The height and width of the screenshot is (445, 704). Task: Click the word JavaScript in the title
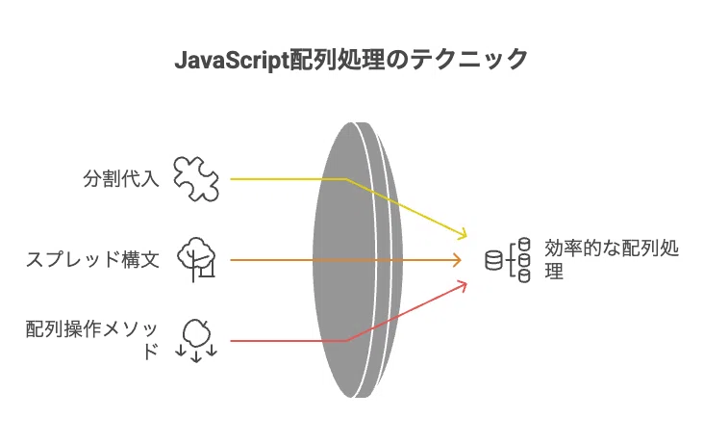pos(232,61)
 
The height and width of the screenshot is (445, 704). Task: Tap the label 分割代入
pos(121,178)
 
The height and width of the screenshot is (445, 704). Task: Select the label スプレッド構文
pos(92,259)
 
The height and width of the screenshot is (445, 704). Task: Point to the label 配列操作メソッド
pos(92,340)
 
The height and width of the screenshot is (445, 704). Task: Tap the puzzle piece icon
pos(196,178)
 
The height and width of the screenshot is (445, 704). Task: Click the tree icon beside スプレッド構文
pos(196,259)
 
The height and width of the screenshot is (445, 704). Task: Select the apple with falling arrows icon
pos(196,340)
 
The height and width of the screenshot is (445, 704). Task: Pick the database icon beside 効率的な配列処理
pos(508,260)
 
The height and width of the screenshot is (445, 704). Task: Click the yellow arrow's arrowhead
pos(463,234)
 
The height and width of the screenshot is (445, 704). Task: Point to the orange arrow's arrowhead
pos(458,260)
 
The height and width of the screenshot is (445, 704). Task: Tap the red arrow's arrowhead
pos(463,285)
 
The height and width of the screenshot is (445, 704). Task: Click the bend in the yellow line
pos(345,179)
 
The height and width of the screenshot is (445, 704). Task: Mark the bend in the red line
pos(345,341)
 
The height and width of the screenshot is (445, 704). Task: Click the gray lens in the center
pos(358,260)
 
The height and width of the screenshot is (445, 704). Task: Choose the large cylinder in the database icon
pos(494,260)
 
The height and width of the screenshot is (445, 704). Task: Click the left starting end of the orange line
pos(231,260)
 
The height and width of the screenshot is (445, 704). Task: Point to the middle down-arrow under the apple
pos(196,355)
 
